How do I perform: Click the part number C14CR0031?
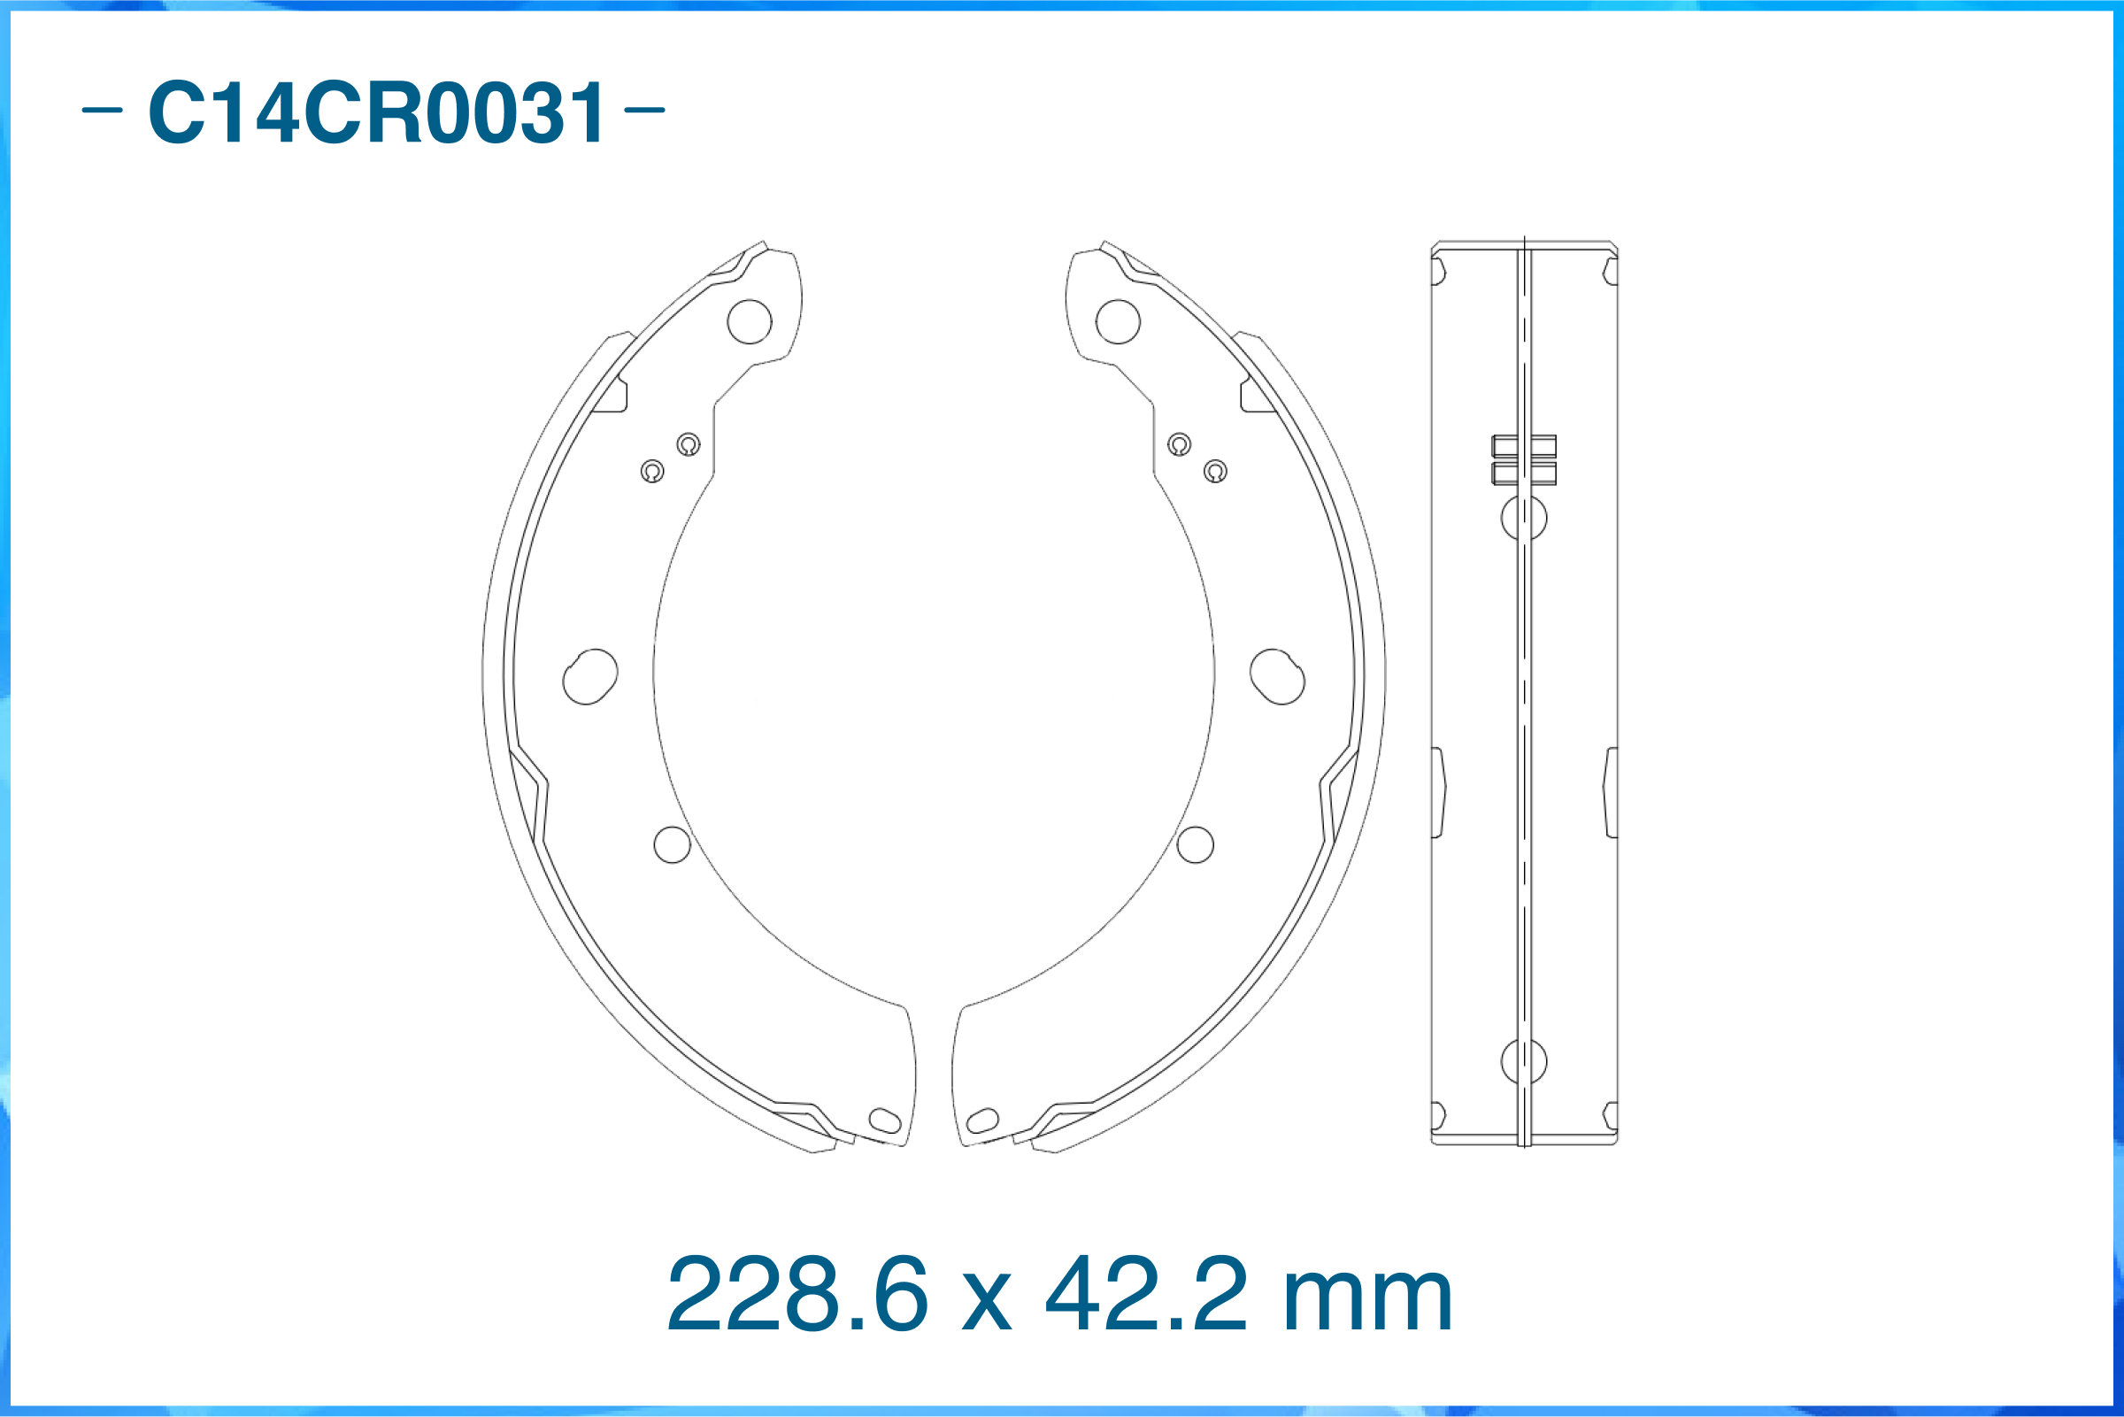[377, 112]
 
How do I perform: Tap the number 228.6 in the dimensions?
[796, 1293]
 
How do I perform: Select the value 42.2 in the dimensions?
[1145, 1293]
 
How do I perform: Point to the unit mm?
[1367, 1303]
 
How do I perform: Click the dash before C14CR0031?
[102, 111]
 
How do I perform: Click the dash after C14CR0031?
[645, 111]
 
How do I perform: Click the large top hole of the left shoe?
[749, 321]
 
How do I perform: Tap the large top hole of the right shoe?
[1118, 321]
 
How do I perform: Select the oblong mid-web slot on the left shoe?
[590, 677]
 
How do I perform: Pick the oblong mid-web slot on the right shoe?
[1276, 677]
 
